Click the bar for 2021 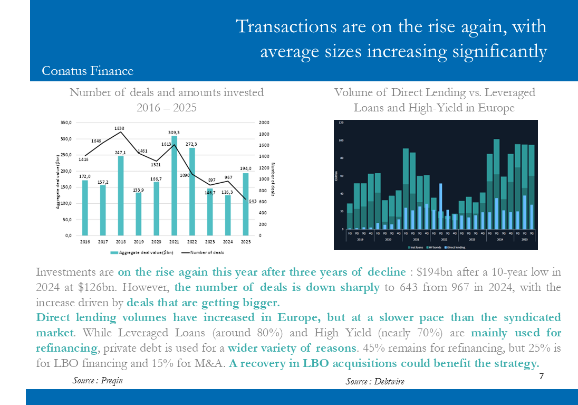(x=174, y=185)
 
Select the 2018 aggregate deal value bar (x=120, y=195)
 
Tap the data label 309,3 (x=174, y=132)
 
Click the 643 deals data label (x=253, y=201)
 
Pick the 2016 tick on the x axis (x=85, y=242)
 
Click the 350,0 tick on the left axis (x=66, y=123)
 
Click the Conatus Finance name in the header (x=88, y=71)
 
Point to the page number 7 (x=541, y=376)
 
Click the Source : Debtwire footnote (x=375, y=381)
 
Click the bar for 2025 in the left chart (x=246, y=204)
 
